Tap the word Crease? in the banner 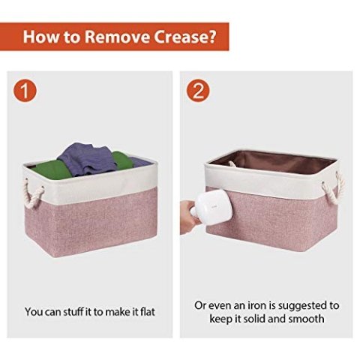(x=184, y=37)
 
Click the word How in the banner (x=40, y=37)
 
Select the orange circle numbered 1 (x=25, y=90)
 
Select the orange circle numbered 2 (x=198, y=90)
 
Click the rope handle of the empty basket (x=334, y=187)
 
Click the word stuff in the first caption (x=73, y=312)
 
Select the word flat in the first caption (x=148, y=312)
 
